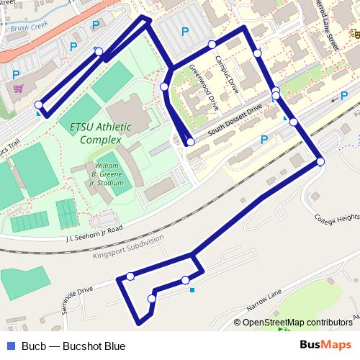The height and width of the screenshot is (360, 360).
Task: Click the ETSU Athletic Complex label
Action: tap(100, 133)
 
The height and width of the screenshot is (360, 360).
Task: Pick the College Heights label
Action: tap(336, 217)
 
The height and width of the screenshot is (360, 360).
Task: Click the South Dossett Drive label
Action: tap(234, 120)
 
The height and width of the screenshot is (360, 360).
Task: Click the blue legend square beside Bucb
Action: tap(8, 346)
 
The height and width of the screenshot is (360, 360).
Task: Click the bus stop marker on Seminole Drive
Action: tap(130, 276)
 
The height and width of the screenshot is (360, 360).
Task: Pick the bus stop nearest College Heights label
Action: tap(320, 162)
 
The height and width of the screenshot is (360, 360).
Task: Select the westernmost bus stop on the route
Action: tap(38, 104)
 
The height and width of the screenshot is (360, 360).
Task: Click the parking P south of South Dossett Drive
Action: tap(264, 140)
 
